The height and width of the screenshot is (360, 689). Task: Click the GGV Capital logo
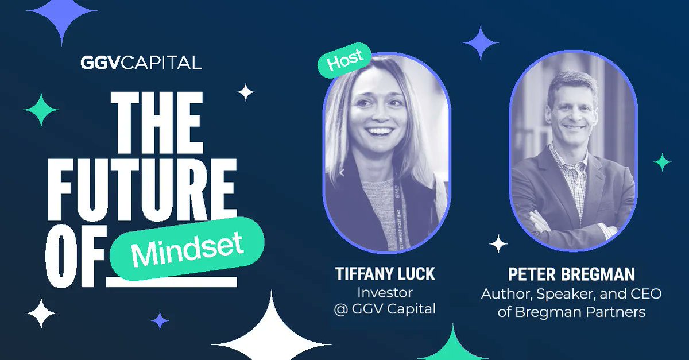pos(141,62)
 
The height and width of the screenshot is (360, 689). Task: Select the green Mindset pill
pos(186,247)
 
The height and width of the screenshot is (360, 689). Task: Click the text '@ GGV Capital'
pos(385,309)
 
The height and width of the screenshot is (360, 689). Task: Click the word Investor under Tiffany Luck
pos(385,292)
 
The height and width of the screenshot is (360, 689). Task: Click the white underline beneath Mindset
pos(172,282)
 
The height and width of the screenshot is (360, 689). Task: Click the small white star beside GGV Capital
pos(246,92)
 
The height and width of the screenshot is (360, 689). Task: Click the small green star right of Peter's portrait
pos(662,162)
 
